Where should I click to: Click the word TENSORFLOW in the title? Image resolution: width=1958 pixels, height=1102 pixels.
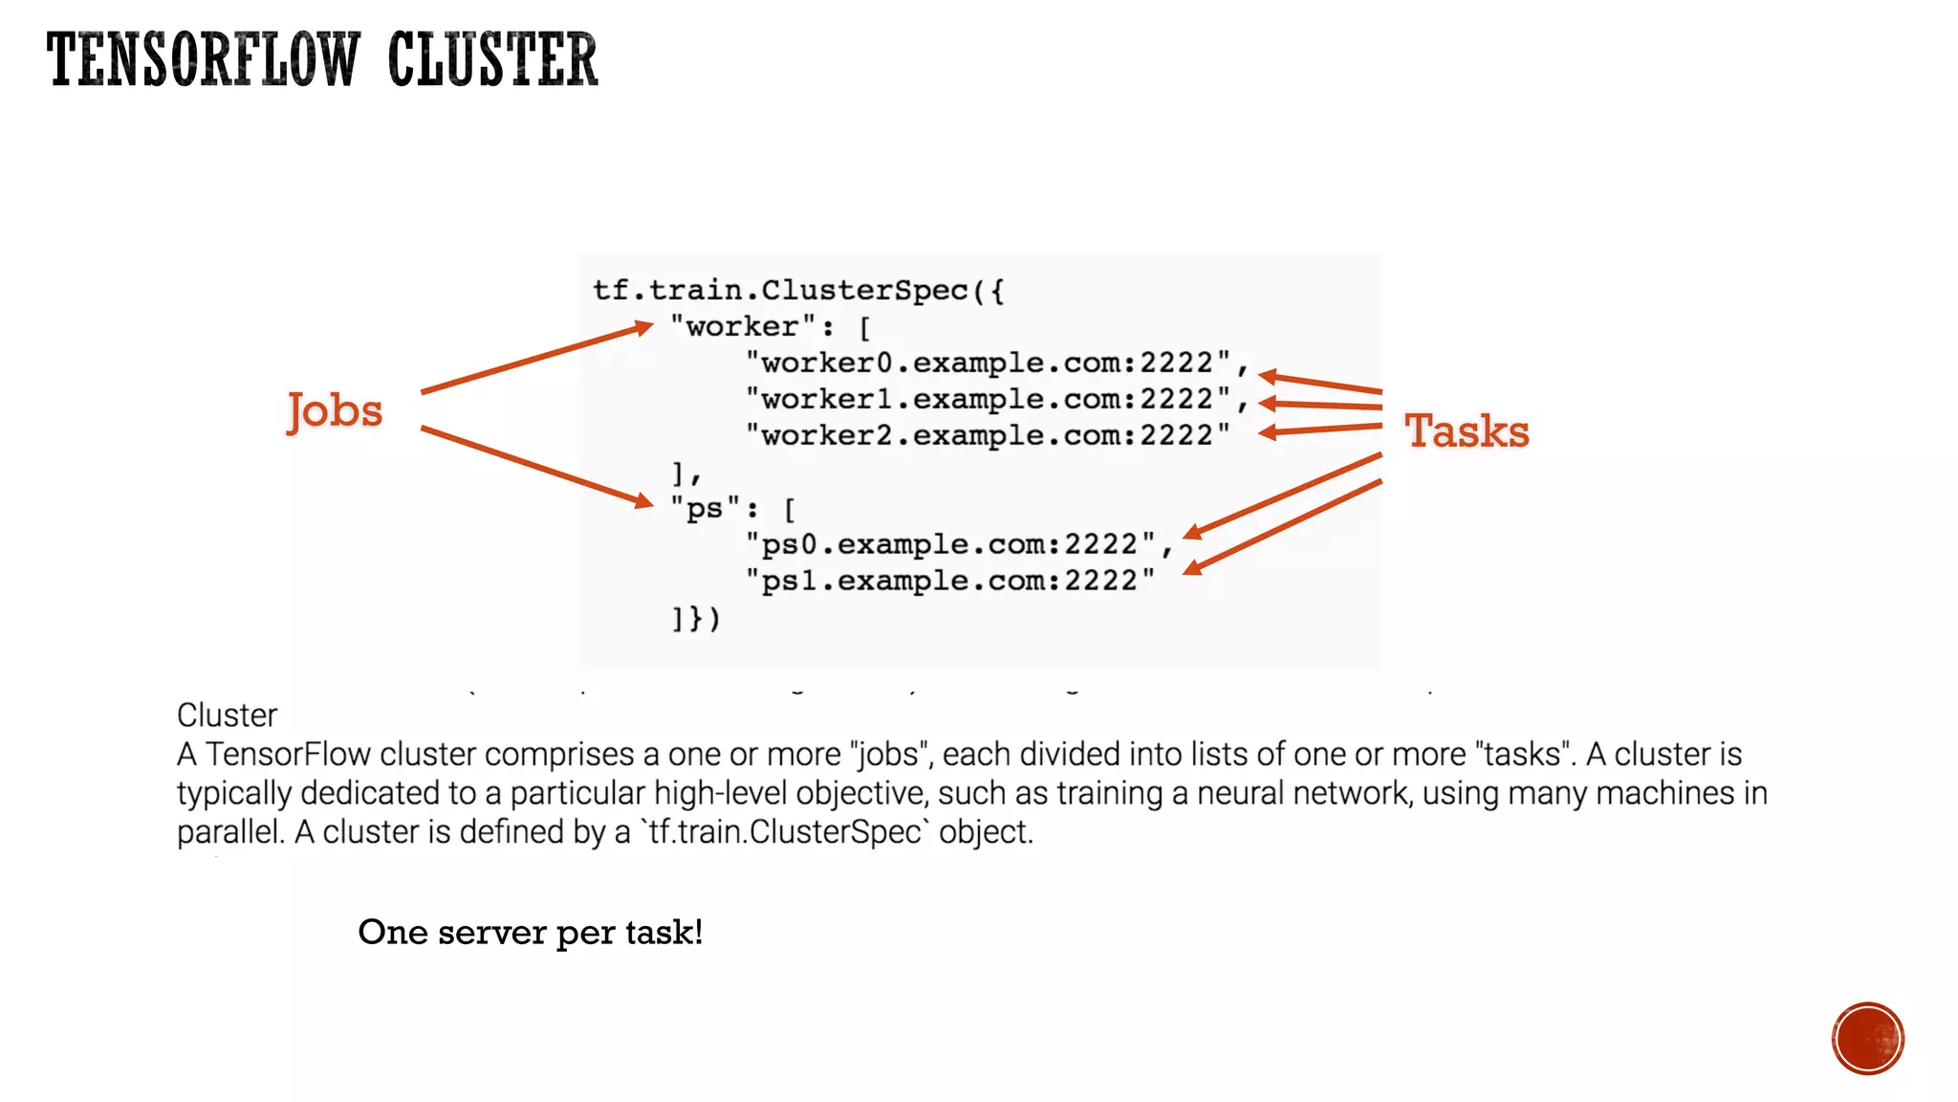(203, 59)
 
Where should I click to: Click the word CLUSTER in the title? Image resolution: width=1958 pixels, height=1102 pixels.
(492, 59)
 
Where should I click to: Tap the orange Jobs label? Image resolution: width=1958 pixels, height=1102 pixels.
(335, 410)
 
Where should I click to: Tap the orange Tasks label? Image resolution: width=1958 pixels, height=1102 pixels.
(1467, 431)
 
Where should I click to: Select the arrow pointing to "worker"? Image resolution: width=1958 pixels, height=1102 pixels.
(535, 360)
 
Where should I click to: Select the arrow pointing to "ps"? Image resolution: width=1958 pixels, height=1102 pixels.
(535, 466)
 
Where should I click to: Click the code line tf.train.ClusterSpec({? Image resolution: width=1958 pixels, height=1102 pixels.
(798, 290)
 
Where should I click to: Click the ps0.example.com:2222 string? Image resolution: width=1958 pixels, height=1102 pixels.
(950, 544)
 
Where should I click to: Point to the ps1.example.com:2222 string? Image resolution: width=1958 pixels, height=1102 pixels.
(950, 581)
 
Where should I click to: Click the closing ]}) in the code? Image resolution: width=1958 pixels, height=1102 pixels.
(695, 619)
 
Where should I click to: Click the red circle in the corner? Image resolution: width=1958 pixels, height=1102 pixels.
(1867, 1039)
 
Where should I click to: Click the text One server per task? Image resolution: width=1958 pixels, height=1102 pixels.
(530, 932)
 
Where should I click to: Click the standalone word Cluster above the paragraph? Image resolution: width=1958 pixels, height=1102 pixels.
(227, 716)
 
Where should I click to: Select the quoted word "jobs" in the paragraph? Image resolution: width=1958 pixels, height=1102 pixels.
(889, 755)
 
